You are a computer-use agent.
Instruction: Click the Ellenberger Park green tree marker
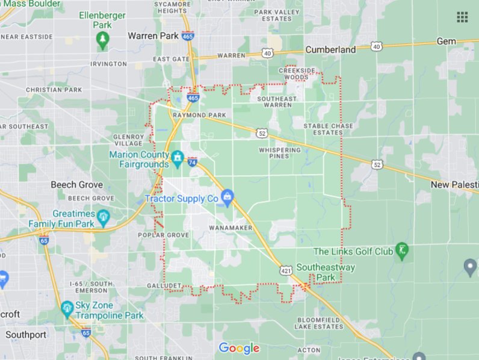point(102,40)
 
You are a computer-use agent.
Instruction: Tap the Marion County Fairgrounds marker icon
point(178,159)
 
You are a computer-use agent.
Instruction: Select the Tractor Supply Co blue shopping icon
point(227,197)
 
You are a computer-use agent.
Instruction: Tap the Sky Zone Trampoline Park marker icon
point(67,309)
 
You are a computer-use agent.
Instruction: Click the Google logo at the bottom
point(239,348)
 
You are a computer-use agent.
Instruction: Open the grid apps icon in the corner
point(462,17)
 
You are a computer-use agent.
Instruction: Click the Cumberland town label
point(330,50)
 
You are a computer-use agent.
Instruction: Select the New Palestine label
point(454,184)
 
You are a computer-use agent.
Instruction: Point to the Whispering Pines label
point(279,153)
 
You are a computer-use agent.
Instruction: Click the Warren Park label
point(153,36)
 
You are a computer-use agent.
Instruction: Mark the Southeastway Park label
point(335,272)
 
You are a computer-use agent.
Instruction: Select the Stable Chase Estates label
point(328,129)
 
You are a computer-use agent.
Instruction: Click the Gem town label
point(446,41)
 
